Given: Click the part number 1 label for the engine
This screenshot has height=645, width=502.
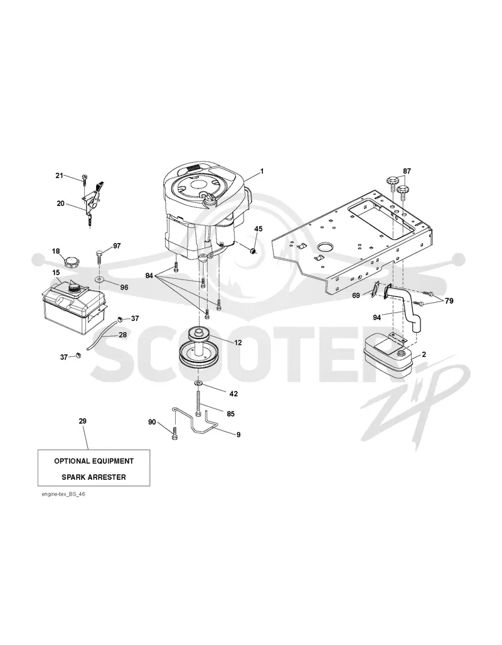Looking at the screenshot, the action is pyautogui.click(x=262, y=171).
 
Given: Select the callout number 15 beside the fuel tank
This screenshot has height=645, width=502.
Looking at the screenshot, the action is pyautogui.click(x=56, y=273).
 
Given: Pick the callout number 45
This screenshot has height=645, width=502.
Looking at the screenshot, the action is pyautogui.click(x=258, y=229).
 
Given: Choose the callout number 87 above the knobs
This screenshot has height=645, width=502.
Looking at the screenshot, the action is pyautogui.click(x=407, y=171).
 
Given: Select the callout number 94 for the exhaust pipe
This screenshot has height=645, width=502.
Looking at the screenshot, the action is pyautogui.click(x=376, y=317).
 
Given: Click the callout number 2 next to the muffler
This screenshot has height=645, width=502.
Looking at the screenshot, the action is pyautogui.click(x=424, y=354).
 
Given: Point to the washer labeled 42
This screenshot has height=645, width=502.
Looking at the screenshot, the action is pyautogui.click(x=199, y=384).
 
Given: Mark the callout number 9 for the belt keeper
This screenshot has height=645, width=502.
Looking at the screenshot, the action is pyautogui.click(x=238, y=435).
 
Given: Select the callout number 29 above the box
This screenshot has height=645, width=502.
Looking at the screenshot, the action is pyautogui.click(x=83, y=421).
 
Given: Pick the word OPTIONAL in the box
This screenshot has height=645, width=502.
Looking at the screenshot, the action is pyautogui.click(x=73, y=461).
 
